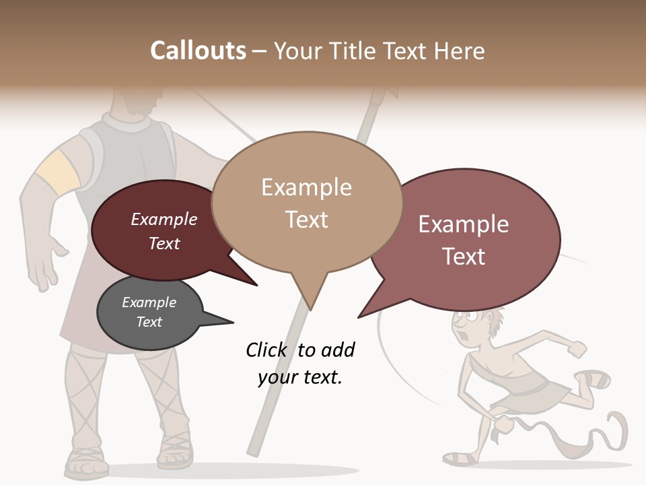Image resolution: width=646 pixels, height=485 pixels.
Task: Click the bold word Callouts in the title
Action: [198, 51]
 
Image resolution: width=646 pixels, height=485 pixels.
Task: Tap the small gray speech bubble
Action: [149, 313]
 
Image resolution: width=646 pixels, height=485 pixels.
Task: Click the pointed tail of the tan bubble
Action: [310, 296]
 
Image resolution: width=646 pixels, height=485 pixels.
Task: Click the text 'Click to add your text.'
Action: [300, 363]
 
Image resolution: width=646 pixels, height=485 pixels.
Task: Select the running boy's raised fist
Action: [577, 349]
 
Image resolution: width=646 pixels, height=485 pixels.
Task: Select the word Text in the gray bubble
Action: [149, 322]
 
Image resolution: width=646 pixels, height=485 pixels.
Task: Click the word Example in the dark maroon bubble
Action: [164, 219]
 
